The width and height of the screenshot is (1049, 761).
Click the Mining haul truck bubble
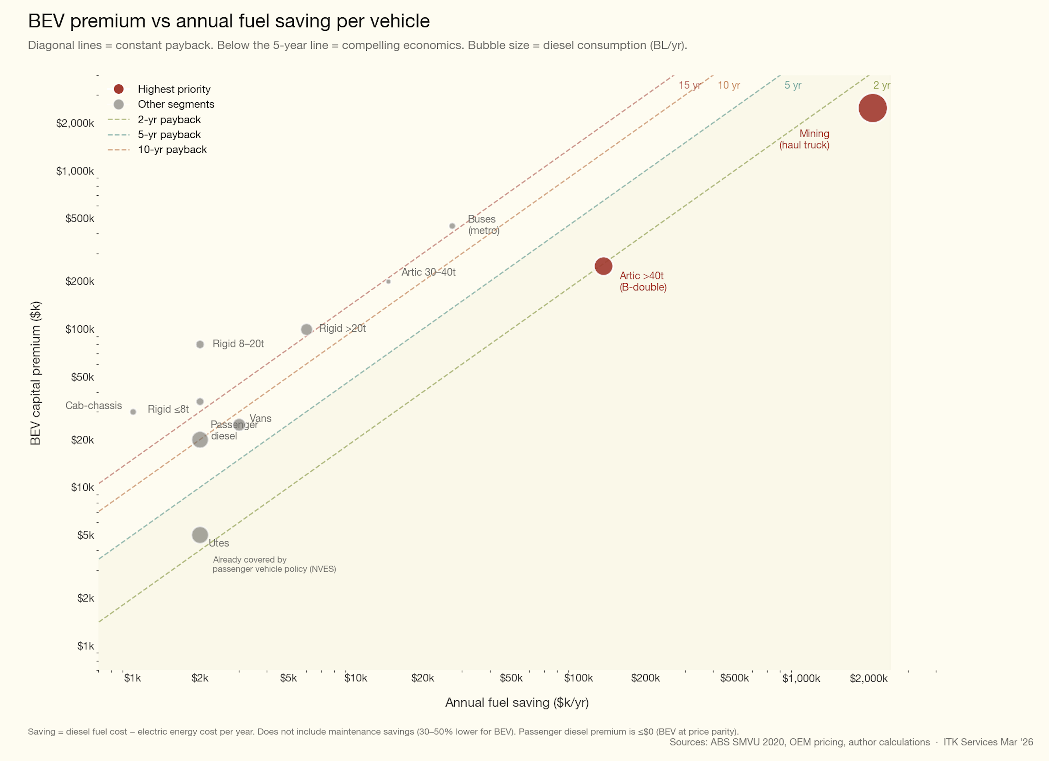click(x=872, y=108)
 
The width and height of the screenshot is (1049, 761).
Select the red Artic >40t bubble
click(x=603, y=266)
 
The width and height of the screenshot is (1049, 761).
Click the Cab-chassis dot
click(x=133, y=412)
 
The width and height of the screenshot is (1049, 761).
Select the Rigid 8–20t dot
click(x=200, y=344)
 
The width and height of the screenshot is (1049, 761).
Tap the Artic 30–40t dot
click(x=388, y=281)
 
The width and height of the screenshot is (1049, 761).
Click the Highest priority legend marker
click(x=119, y=89)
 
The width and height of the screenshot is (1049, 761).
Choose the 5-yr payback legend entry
click(x=169, y=135)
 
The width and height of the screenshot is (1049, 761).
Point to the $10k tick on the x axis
click(x=355, y=678)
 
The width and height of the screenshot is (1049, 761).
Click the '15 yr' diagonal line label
click(x=689, y=85)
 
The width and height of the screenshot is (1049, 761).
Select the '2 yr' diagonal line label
click(x=881, y=85)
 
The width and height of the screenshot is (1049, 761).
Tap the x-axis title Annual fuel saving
click(x=516, y=703)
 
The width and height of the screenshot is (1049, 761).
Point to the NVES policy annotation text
click(x=274, y=564)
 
